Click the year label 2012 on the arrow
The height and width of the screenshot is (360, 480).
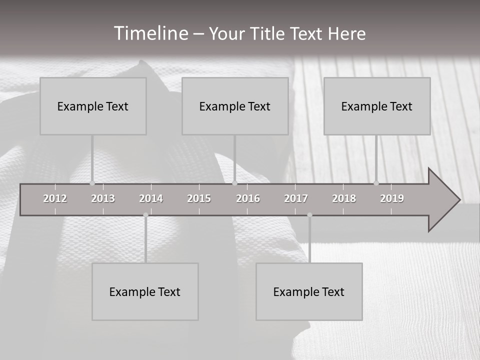point(55,198)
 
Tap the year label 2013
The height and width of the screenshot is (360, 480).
point(103,198)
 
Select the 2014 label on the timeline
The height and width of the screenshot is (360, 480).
point(151,198)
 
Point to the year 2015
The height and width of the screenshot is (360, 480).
point(199,198)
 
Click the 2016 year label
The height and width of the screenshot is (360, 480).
point(248,198)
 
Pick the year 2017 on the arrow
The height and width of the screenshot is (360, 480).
point(296,198)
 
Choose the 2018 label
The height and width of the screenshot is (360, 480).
point(344,198)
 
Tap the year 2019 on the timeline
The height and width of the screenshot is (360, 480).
point(392,198)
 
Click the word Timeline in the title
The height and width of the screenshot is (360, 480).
point(150,33)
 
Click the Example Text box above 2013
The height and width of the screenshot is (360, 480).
point(93,106)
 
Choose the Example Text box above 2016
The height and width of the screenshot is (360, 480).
point(235,106)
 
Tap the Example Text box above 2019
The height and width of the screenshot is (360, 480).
point(377,106)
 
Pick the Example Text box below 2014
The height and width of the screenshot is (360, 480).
point(145,291)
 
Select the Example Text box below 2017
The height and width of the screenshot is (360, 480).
point(309,291)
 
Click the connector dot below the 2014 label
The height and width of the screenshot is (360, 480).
point(145,215)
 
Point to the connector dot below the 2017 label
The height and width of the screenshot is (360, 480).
point(309,215)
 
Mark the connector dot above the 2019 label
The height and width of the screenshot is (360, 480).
point(376,183)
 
